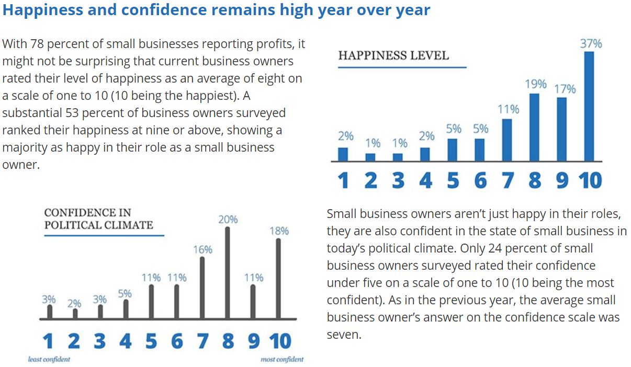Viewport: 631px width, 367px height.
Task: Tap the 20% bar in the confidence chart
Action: tap(228, 272)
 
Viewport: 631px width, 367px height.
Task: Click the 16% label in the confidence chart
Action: tap(202, 249)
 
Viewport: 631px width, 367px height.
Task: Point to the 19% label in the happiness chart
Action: tap(535, 84)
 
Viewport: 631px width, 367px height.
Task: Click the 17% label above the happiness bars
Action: tap(565, 89)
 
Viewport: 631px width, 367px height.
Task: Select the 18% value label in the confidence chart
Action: tap(279, 231)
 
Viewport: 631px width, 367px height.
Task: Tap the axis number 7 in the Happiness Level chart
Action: tap(507, 180)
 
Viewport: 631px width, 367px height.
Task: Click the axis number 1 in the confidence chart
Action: tap(48, 341)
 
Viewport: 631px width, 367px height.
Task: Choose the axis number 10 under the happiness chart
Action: tap(590, 180)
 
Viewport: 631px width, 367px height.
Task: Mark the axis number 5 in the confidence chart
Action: tap(151, 341)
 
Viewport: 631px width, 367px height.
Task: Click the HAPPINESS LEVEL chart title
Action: tap(393, 55)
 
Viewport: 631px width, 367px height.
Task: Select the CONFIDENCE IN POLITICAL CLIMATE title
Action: tap(98, 219)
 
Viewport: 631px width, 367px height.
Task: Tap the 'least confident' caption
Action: tap(49, 359)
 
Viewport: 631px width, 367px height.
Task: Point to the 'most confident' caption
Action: tap(282, 359)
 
